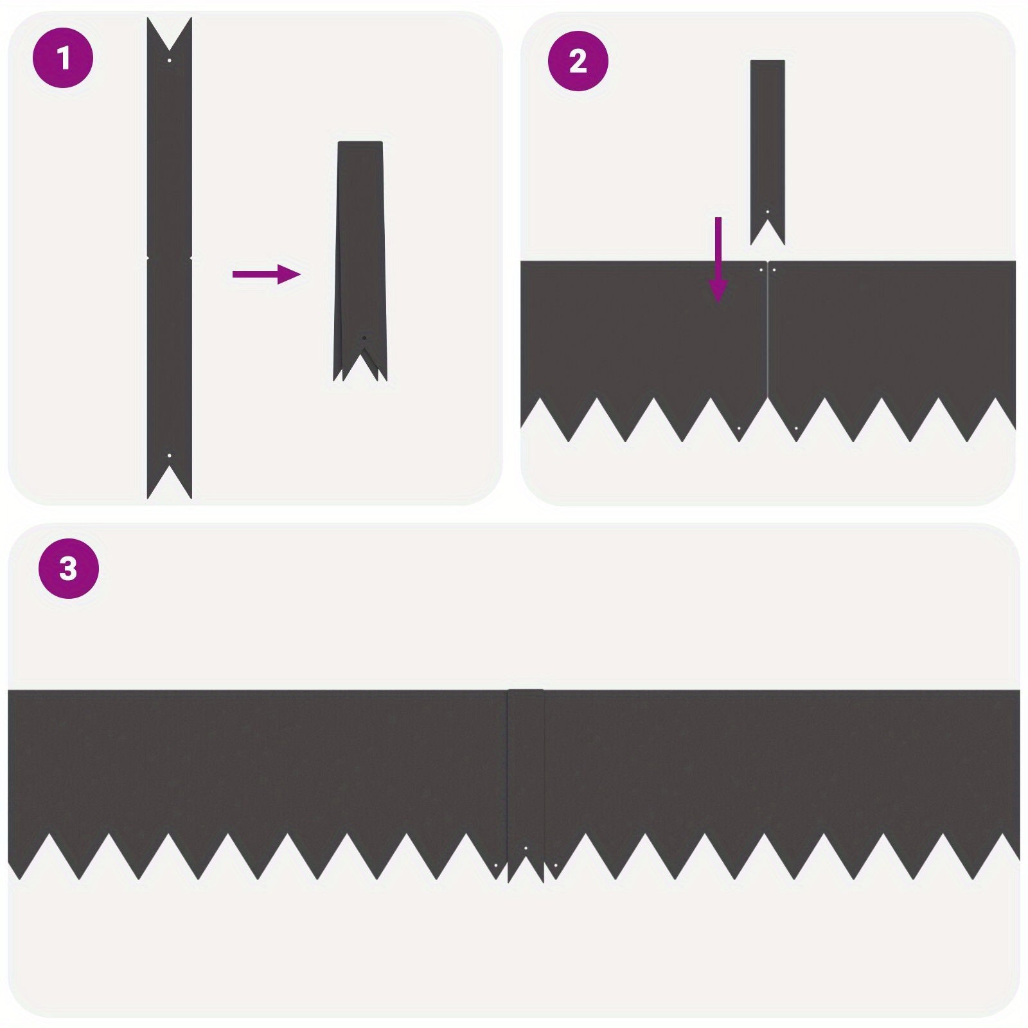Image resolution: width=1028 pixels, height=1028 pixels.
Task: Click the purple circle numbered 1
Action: (63, 58)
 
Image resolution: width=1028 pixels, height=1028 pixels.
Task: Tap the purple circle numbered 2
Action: (578, 61)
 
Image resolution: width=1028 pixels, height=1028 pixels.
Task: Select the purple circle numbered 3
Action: (68, 569)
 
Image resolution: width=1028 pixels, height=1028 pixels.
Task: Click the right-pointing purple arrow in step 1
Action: (267, 274)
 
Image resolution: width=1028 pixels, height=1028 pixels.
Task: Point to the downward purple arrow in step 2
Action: (718, 260)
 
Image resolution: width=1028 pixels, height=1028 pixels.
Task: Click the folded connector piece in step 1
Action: (360, 261)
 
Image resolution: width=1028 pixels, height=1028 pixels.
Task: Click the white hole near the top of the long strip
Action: (170, 60)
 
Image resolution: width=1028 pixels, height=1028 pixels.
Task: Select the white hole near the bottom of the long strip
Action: (170, 456)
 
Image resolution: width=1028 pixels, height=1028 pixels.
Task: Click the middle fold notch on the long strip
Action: (170, 258)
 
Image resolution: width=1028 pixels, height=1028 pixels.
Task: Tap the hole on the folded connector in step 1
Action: (364, 338)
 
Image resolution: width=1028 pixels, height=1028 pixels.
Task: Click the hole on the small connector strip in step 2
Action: (767, 211)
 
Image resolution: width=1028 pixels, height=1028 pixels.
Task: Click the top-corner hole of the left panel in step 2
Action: (761, 270)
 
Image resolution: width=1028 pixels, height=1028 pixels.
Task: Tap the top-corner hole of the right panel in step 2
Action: (774, 270)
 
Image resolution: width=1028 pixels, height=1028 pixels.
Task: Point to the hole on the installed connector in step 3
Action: (526, 849)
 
